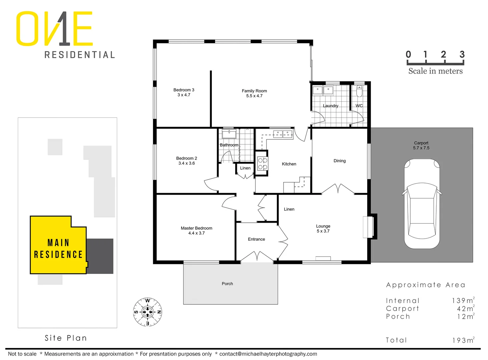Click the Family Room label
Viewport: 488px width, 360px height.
254,93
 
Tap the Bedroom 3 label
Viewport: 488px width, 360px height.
184,92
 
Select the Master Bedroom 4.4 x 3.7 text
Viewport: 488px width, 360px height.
196,231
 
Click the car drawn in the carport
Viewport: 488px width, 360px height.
422,204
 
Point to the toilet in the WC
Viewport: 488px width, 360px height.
359,91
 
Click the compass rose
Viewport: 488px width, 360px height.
148,312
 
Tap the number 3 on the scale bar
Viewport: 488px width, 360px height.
462,54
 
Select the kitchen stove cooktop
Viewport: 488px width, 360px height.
263,163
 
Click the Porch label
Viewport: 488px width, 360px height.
227,284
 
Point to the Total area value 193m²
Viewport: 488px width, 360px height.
463,340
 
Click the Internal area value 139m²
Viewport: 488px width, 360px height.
463,300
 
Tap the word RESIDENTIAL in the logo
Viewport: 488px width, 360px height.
80,55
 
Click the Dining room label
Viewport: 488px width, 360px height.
340,161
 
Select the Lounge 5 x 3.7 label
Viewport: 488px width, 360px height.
323,228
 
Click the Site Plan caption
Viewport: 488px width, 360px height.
66,338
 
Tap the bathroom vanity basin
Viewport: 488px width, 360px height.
229,134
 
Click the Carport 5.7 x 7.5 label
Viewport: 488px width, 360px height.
421,145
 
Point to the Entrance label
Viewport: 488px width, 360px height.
257,239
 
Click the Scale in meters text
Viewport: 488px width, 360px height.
435,71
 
